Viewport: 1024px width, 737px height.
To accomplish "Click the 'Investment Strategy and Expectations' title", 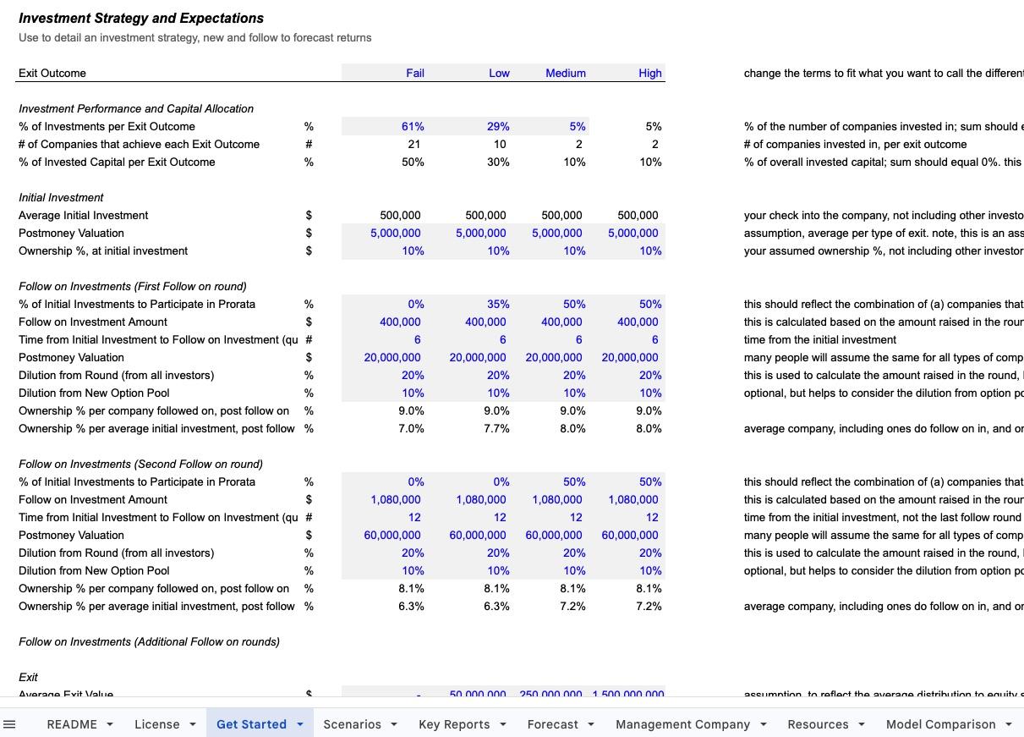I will [x=141, y=18].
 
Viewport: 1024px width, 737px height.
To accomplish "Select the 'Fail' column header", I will [x=415, y=73].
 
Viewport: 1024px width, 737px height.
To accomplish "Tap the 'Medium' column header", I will [x=566, y=73].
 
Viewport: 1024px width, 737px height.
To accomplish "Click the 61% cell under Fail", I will [x=413, y=126].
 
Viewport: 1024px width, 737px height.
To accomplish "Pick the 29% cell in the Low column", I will [x=498, y=126].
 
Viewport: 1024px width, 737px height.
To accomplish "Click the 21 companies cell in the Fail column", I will [x=413, y=144].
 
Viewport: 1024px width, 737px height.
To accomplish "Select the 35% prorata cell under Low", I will [x=498, y=304].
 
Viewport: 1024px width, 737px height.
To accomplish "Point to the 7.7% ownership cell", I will [x=496, y=428].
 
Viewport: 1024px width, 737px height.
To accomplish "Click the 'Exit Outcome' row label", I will [x=52, y=73].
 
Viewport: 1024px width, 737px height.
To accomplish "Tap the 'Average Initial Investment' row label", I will [x=83, y=215].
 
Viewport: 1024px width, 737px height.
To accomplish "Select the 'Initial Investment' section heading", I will [x=61, y=197].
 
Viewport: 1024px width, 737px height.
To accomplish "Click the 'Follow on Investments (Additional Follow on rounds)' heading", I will [x=149, y=641].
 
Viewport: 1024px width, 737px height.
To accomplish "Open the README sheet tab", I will [x=72, y=724].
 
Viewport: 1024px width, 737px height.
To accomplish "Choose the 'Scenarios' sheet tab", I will [x=352, y=724].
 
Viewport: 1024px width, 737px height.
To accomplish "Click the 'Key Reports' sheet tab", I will [x=454, y=724].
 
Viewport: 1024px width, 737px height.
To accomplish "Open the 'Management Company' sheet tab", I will [x=682, y=724].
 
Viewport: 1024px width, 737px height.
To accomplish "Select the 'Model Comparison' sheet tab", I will [x=940, y=724].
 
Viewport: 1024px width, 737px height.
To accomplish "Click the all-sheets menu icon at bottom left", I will [x=10, y=724].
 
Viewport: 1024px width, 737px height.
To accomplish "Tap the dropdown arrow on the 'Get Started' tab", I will [x=300, y=724].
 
